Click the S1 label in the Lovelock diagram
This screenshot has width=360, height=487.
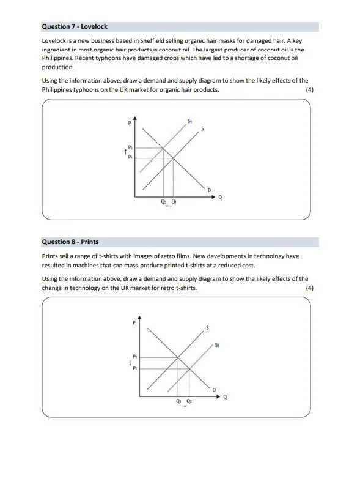click(x=190, y=121)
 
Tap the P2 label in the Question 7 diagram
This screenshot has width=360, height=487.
click(x=131, y=147)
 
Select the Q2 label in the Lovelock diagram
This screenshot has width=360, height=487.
click(x=163, y=201)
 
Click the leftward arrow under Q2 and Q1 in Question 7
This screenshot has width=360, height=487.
click(x=169, y=207)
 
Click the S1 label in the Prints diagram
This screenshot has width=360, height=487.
click(x=217, y=345)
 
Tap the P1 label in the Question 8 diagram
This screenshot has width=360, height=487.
click(x=134, y=356)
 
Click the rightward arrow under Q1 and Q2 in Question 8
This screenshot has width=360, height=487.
click(x=183, y=407)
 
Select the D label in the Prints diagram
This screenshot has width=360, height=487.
click(x=214, y=390)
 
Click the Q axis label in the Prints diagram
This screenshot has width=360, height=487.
click(x=225, y=397)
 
